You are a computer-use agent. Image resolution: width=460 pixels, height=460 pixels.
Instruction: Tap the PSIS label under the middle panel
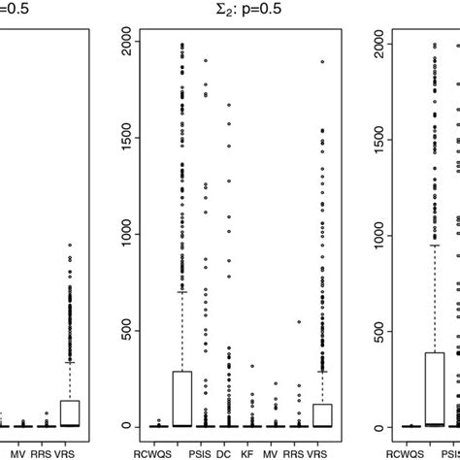[x=205, y=451]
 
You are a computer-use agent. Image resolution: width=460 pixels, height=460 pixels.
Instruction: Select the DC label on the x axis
[x=228, y=451]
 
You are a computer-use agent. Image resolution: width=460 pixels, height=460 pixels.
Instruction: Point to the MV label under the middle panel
[x=275, y=451]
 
